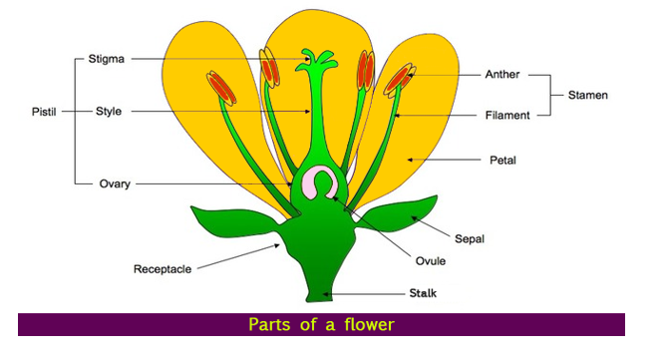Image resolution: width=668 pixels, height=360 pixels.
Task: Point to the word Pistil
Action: coord(45,111)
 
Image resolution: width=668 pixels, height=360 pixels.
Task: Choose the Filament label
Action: coord(505,116)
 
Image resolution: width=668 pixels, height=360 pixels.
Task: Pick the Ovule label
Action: coord(430,262)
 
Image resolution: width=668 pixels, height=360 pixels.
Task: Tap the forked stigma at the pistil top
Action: coord(318,57)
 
